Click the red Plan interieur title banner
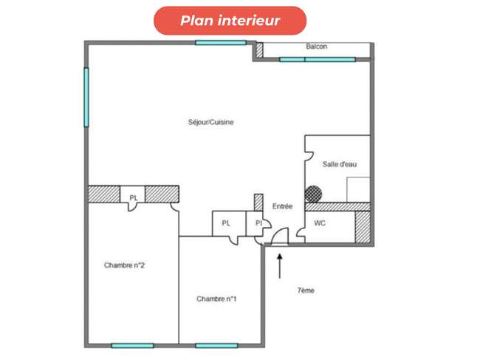click(230, 21)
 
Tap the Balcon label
click(317, 47)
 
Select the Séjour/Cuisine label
click(211, 122)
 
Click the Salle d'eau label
click(340, 164)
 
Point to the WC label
click(320, 223)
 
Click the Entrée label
click(282, 206)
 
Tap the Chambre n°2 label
click(124, 265)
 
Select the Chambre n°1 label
click(216, 299)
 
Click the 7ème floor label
click(306, 291)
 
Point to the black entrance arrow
click(279, 265)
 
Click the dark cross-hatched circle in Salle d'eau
click(313, 194)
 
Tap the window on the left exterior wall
click(86, 97)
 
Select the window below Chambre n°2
click(132, 346)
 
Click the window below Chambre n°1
click(216, 346)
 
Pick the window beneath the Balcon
click(318, 59)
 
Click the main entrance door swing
click(280, 237)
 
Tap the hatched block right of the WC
click(363, 227)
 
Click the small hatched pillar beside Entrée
click(258, 203)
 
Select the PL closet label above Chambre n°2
click(134, 198)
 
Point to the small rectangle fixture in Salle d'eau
click(358, 190)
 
